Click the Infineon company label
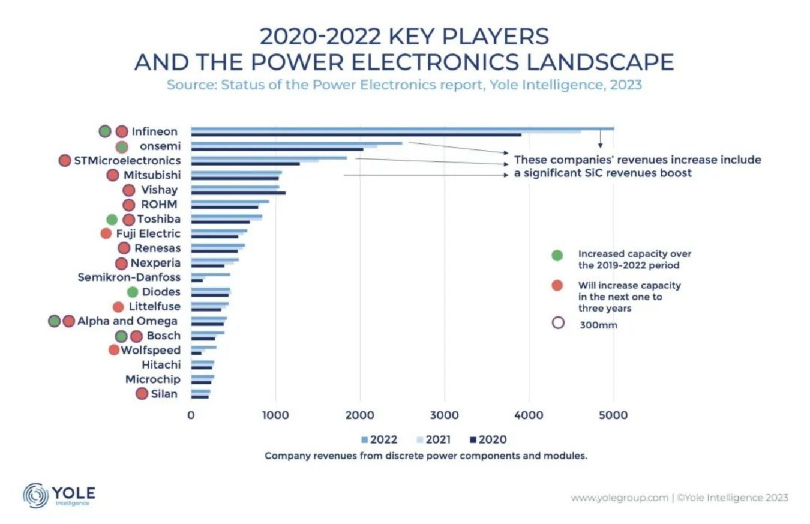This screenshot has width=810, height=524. tap(154, 131)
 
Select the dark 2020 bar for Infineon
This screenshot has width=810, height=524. tap(356, 134)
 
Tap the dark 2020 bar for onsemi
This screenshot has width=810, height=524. tap(277, 149)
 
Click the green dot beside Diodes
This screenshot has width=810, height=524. tap(133, 292)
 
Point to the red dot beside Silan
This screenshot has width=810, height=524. tap(142, 394)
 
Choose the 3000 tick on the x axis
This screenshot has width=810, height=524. tap(444, 415)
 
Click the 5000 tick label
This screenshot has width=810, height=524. tap(613, 415)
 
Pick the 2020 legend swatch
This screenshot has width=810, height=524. tap(473, 440)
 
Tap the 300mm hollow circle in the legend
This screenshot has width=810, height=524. tap(558, 323)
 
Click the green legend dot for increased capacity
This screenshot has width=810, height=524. tap(557, 255)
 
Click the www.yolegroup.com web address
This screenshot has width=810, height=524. tap(619, 498)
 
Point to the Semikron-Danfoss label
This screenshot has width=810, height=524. tap(129, 277)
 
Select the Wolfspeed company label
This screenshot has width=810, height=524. tap(151, 350)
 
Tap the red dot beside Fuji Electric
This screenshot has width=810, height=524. tap(106, 233)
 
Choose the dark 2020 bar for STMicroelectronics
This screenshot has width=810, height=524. tap(245, 163)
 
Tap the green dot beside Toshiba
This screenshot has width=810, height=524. tap(112, 220)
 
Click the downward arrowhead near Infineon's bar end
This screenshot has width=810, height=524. tap(600, 145)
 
